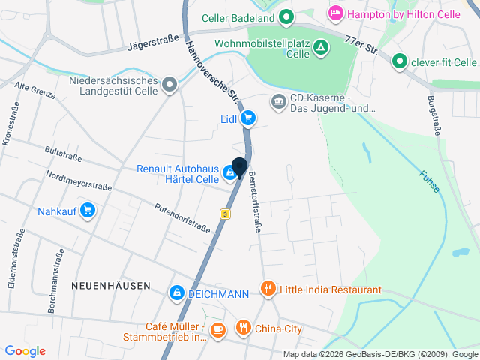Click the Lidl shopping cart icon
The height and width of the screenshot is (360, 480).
[x=248, y=118]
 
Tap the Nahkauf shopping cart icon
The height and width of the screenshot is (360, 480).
[x=88, y=211]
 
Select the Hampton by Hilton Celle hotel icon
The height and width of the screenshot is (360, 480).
[x=335, y=13]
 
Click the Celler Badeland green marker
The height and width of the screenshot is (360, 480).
[x=286, y=16]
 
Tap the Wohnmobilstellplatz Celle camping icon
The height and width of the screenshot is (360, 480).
[x=320, y=47]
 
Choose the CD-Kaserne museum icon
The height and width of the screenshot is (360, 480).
[x=278, y=100]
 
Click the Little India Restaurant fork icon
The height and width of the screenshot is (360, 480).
[x=268, y=288]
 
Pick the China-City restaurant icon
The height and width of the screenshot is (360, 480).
[x=243, y=328]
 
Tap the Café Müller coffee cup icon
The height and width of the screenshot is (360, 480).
[x=217, y=329]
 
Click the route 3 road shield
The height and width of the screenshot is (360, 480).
[x=225, y=214]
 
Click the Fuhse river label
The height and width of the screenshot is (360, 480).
[x=430, y=181]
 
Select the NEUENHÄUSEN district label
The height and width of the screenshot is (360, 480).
[x=110, y=286]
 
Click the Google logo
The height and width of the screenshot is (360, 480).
[x=25, y=350]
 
